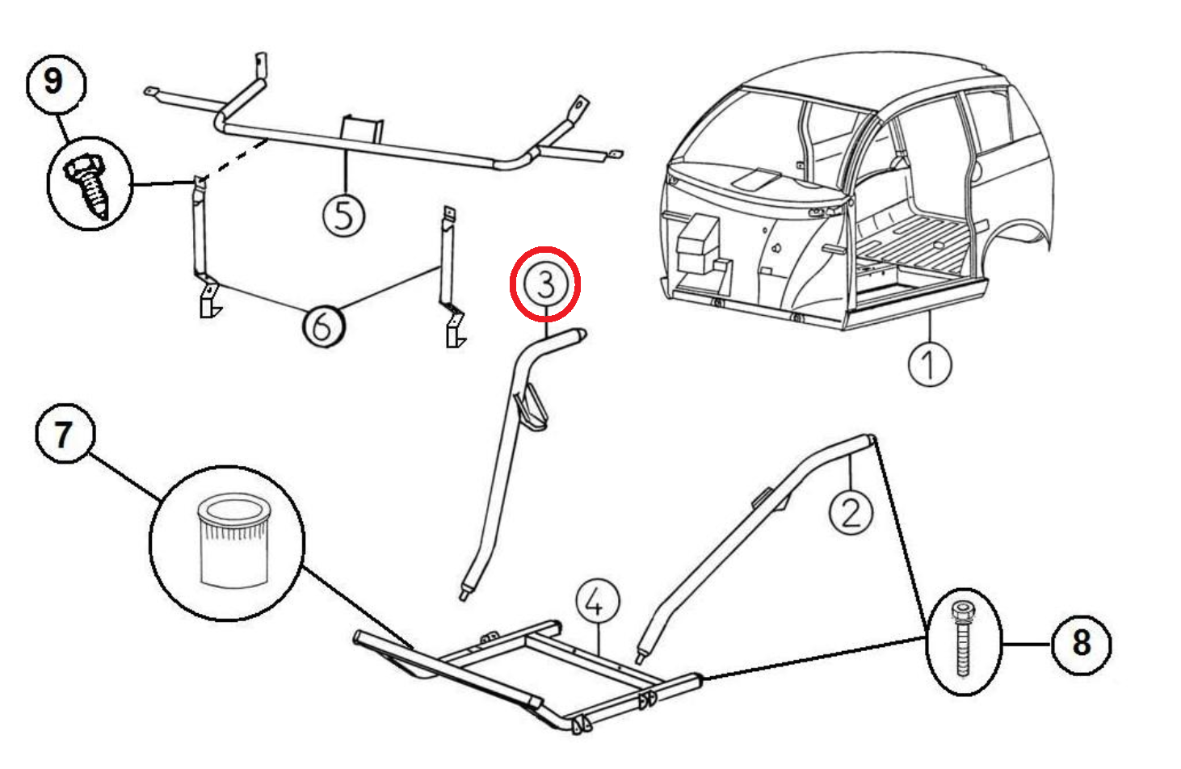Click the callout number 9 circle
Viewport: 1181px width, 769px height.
[56, 84]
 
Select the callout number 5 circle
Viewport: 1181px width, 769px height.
[344, 216]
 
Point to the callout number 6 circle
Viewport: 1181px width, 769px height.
[324, 326]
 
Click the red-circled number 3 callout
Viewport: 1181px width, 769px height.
[545, 284]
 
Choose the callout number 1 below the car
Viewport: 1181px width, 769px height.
[930, 365]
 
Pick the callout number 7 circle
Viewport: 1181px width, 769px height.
[65, 434]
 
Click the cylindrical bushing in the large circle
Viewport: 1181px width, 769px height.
[234, 540]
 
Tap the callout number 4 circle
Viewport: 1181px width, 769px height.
[598, 602]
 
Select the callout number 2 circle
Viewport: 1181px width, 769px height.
[851, 512]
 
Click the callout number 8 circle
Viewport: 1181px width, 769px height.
[1082, 645]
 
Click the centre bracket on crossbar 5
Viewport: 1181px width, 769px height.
[362, 129]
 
